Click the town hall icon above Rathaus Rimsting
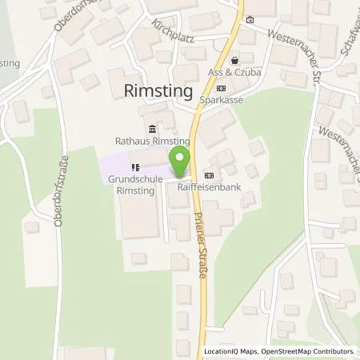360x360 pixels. (x=152, y=129)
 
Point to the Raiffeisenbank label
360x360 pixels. (x=210, y=188)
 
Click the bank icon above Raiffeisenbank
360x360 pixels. (x=210, y=175)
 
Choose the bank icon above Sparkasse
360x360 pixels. (x=222, y=89)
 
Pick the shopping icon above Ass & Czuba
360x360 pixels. (x=234, y=59)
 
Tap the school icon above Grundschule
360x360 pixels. (x=136, y=168)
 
